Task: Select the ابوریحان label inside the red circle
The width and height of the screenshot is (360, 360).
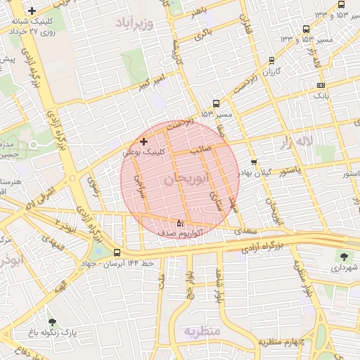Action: tap(186, 180)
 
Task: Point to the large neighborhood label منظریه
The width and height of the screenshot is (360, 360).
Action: tap(202, 330)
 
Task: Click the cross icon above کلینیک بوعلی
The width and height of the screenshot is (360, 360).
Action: tap(144, 141)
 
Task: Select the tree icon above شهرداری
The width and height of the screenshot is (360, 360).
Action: tap(344, 257)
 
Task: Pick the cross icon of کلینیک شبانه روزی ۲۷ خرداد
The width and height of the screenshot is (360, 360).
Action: tap(32, 11)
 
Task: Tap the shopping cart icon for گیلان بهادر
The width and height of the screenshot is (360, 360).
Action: tap(254, 162)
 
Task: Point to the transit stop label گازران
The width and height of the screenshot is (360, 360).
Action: tap(271, 72)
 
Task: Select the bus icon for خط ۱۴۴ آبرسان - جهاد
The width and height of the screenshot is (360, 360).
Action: tap(117, 252)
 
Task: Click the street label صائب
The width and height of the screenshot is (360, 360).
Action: tap(202, 149)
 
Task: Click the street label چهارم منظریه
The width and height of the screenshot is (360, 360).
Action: tap(281, 342)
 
